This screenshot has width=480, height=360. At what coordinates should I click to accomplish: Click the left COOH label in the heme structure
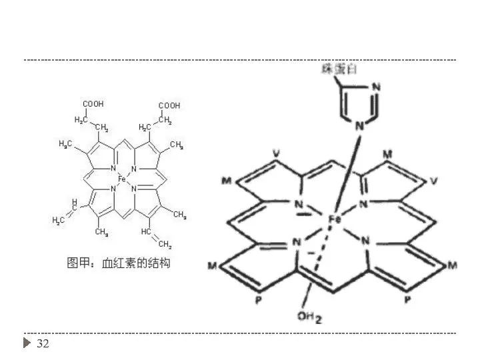click(x=93, y=105)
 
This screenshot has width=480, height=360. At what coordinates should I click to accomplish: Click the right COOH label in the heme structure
click(x=169, y=105)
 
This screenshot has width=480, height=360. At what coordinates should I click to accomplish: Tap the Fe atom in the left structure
click(x=121, y=179)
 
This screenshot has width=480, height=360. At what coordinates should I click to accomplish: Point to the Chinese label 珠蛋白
click(x=337, y=69)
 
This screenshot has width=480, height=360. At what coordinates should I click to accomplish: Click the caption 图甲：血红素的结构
click(x=118, y=263)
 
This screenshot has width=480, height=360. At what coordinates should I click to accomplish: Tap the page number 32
click(x=43, y=344)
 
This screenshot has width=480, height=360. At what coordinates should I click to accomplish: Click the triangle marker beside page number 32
click(x=27, y=344)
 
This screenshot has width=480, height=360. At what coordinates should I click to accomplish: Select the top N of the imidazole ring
click(x=375, y=87)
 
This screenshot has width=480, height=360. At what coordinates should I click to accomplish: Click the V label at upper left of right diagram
click(x=276, y=154)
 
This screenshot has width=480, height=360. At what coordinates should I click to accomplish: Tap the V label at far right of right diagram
click(x=435, y=181)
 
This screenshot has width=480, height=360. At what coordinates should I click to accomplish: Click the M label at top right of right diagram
click(x=388, y=154)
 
